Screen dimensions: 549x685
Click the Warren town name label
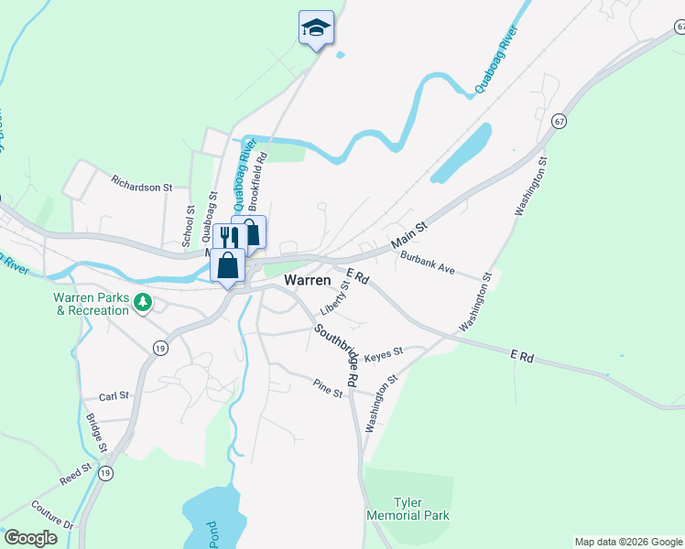[x=308, y=280]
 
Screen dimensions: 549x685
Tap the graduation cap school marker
[x=316, y=27]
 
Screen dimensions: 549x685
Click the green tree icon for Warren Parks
[x=142, y=302]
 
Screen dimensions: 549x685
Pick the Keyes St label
[x=384, y=355]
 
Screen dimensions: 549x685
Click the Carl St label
[x=114, y=397]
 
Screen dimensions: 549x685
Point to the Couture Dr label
[x=51, y=517]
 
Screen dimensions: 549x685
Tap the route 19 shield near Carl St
[x=159, y=348]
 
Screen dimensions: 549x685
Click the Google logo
[x=30, y=538]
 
